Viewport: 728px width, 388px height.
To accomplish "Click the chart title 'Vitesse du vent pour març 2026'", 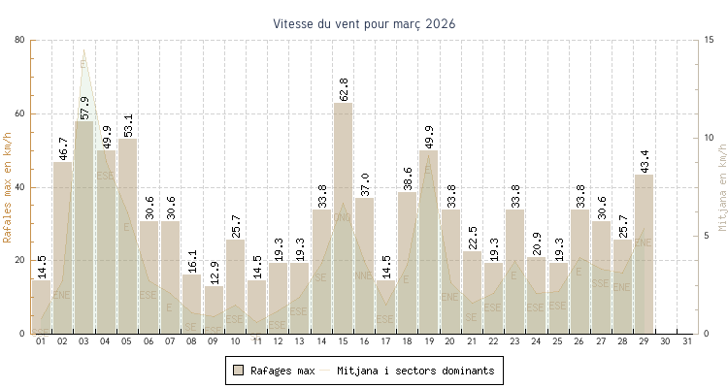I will pos(364,23).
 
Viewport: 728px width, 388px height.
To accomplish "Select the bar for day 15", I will pos(344,218).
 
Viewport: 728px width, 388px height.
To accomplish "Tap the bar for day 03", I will pos(84,227).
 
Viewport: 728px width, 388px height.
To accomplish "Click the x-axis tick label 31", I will pos(687,341).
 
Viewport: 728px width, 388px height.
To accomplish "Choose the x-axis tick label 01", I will pos(41,341).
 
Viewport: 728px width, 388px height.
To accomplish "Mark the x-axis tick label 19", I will pos(429,341).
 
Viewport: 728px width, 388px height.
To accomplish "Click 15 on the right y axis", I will pos(711,40).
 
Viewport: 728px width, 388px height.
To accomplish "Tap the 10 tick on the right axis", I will pos(711,138).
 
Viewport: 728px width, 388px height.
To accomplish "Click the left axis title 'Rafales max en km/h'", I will pos(9,186).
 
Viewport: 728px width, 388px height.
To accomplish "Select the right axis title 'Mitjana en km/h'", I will pos(722,186).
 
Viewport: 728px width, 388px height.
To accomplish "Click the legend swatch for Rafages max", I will pos(238,371).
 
